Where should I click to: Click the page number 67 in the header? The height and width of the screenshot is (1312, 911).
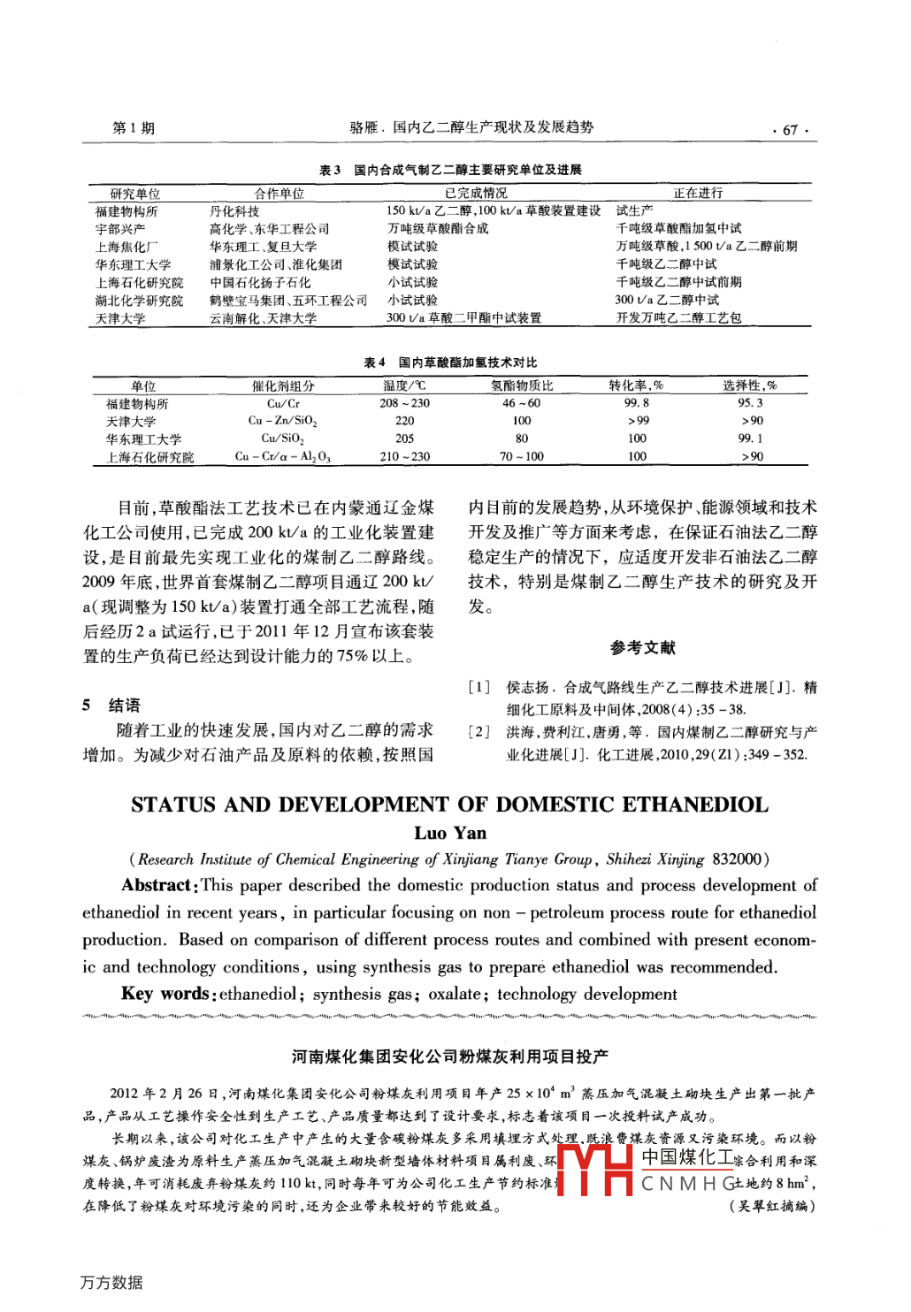point(790,130)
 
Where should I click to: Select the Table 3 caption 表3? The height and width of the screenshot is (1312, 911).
point(329,170)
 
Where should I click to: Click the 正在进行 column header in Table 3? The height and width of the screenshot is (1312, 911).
point(698,193)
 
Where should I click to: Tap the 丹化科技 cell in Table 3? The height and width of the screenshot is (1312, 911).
point(234,211)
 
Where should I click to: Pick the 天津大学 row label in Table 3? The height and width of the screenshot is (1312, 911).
point(120,318)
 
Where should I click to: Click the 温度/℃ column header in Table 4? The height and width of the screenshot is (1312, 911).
point(404,385)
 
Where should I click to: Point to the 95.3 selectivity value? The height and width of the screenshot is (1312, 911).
point(750,403)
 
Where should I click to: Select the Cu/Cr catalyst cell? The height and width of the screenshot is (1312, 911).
point(283,403)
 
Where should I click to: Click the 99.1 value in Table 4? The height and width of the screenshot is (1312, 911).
point(750,439)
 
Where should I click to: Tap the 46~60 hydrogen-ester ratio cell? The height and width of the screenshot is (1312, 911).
point(521,403)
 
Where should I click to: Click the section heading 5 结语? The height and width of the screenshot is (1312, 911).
point(111,705)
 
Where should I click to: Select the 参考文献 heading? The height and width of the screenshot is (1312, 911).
point(642,648)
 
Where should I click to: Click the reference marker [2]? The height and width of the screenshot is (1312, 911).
point(478,732)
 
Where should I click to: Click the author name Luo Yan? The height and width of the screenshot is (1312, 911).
point(450,833)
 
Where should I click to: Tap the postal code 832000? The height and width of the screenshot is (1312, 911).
point(738,859)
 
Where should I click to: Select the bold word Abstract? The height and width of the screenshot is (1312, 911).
point(157,886)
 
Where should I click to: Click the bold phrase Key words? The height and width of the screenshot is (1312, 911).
point(165,994)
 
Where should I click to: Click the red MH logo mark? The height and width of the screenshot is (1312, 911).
point(594,1170)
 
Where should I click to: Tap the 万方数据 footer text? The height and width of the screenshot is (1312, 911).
point(111,1283)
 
